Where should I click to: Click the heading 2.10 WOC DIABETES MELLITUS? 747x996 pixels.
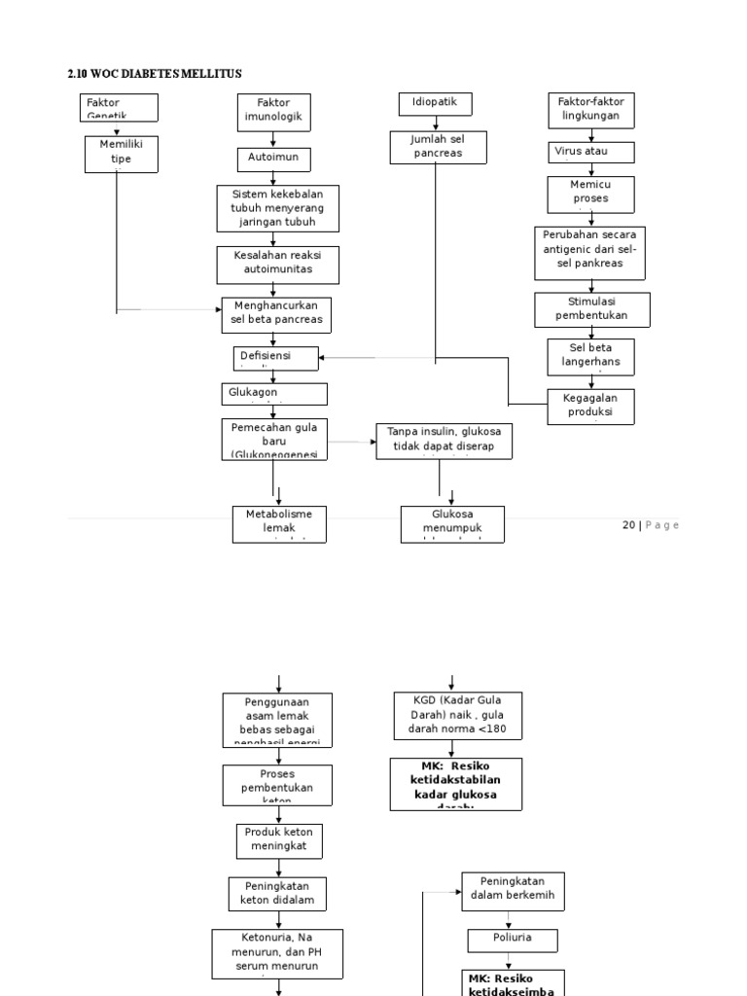click(x=155, y=74)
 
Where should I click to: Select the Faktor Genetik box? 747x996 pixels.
click(x=119, y=107)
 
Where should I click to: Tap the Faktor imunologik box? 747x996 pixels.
click(x=273, y=113)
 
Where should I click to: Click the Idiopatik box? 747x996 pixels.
click(x=436, y=104)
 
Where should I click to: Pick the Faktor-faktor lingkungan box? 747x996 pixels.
click(x=590, y=110)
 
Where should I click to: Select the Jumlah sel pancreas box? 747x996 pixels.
click(x=438, y=147)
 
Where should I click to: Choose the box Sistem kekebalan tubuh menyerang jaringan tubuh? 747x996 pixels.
click(x=277, y=208)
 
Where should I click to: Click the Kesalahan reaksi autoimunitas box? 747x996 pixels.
click(x=277, y=261)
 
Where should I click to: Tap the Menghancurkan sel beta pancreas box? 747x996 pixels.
click(x=276, y=314)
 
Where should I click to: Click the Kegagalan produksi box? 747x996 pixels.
click(x=590, y=407)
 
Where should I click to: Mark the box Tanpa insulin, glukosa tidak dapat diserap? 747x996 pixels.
click(x=444, y=441)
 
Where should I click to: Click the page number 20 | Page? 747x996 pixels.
click(x=650, y=525)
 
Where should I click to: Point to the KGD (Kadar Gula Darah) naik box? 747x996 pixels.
click(x=457, y=716)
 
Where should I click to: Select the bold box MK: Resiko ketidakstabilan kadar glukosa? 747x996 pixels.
click(x=456, y=784)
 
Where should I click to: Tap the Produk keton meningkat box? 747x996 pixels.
click(x=279, y=840)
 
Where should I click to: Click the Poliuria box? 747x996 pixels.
click(x=513, y=941)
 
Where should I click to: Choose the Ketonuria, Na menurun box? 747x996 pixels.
click(x=277, y=953)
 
